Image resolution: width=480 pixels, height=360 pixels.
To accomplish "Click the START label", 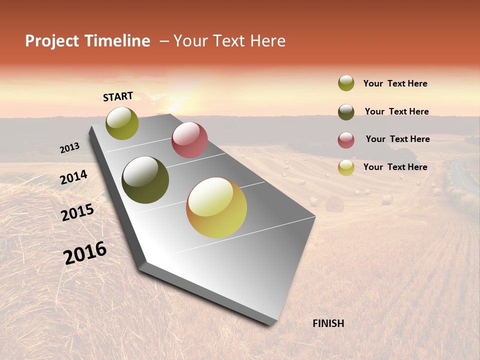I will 118,96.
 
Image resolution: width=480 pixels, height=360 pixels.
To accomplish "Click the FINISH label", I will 328,323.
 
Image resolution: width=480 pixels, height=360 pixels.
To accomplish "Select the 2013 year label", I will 69,147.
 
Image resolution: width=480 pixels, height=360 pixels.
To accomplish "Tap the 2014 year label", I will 73,177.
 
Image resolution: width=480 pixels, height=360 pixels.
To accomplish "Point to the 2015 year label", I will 77,212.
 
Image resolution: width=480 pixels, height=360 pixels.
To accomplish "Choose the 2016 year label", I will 85,252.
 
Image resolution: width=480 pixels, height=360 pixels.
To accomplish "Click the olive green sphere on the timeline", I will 122,123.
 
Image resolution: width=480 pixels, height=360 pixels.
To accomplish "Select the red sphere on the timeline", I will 189,140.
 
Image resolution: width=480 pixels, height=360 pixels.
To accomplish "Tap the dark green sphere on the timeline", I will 145,180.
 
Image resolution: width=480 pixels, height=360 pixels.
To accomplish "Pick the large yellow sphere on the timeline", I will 216,207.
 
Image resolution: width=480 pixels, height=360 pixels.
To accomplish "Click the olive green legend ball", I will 346,83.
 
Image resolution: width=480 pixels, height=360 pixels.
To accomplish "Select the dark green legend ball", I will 346,112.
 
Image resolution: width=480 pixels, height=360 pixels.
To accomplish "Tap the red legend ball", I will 346,140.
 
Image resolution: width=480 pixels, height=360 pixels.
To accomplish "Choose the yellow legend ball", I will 346,167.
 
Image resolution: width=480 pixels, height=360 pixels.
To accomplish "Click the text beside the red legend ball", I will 397,139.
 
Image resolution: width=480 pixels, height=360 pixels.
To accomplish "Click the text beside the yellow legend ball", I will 395,167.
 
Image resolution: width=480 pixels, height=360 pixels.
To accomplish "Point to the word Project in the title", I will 52,41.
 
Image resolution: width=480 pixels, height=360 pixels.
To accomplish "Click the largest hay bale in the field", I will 334,203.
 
